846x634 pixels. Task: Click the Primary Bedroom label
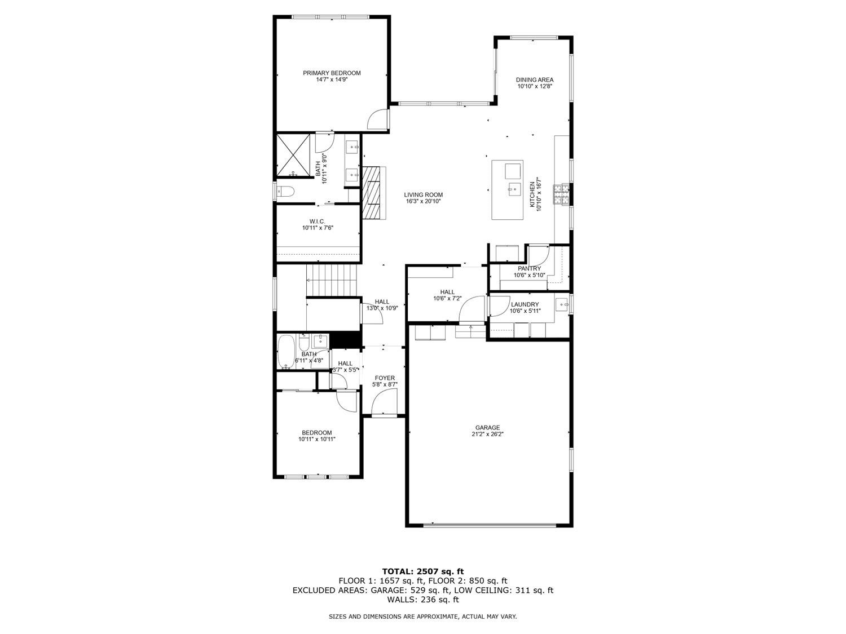click(332, 73)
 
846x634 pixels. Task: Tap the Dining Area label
click(534, 79)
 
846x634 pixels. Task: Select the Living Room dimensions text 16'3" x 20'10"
click(423, 202)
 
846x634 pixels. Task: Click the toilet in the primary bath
click(285, 192)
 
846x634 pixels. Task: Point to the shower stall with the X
click(293, 155)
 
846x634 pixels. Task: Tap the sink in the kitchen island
click(513, 188)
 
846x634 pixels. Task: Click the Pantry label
click(529, 269)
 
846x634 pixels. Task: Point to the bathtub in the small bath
click(287, 352)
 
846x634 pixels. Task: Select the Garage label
click(487, 427)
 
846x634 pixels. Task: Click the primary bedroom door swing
click(377, 119)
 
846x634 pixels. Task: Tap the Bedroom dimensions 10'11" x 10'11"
click(317, 439)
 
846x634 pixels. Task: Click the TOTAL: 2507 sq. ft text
click(423, 571)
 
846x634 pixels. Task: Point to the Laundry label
click(525, 304)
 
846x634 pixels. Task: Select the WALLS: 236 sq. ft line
click(423, 600)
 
